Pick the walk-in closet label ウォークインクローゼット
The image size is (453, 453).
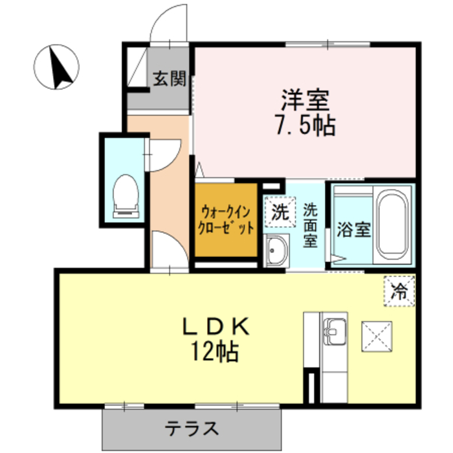226,220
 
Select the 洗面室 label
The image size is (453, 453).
311,225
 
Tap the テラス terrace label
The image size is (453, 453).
191,428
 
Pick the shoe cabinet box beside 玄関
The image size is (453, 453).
137,67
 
